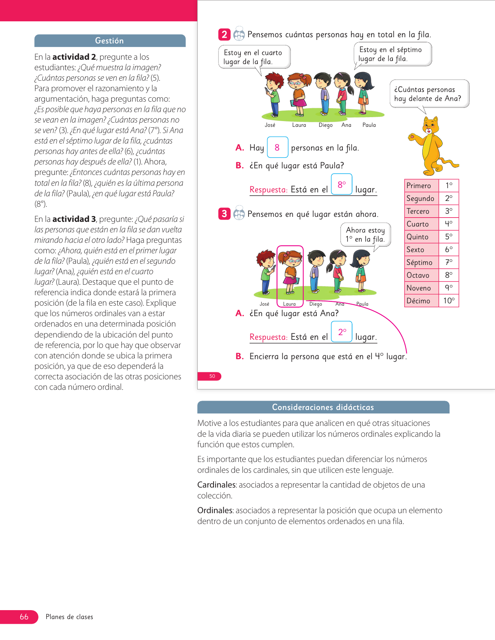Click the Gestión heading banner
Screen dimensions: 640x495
(x=110, y=41)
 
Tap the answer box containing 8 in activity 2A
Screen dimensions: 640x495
(x=277, y=147)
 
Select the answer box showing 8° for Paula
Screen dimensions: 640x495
(x=342, y=184)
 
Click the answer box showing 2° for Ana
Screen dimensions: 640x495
(x=342, y=332)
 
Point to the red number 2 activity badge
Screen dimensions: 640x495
(x=224, y=35)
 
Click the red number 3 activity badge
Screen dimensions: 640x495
(x=224, y=214)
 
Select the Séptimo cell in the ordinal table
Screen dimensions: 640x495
(x=421, y=263)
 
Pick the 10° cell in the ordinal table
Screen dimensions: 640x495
(x=449, y=301)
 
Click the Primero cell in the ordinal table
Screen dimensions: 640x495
(x=421, y=186)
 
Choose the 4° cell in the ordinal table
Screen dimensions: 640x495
(x=449, y=224)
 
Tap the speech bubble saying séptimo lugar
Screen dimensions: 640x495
(x=393, y=54)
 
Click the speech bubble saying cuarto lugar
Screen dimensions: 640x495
(x=254, y=57)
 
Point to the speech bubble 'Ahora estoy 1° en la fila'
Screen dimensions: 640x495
(x=365, y=235)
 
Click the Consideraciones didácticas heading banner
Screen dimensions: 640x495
(x=323, y=407)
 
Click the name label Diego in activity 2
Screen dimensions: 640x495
(x=325, y=125)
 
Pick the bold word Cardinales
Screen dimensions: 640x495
(x=216, y=485)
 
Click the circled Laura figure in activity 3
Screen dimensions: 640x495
(x=290, y=272)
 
